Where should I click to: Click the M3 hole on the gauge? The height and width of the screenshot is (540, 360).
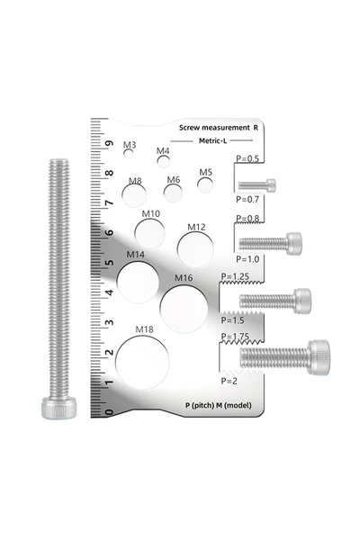click(129, 154)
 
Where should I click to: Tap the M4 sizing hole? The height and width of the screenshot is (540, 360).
click(163, 161)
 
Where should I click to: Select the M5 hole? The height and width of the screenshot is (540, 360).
click(205, 185)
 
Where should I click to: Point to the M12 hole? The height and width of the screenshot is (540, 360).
click(195, 249)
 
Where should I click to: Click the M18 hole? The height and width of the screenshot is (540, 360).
click(142, 363)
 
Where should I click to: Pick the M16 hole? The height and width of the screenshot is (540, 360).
click(184, 310)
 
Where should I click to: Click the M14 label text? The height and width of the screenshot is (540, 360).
click(135, 255)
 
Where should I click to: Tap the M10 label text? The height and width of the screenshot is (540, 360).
click(151, 214)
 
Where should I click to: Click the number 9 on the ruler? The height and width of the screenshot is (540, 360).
click(110, 143)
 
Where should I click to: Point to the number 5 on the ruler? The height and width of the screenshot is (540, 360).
click(110, 263)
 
